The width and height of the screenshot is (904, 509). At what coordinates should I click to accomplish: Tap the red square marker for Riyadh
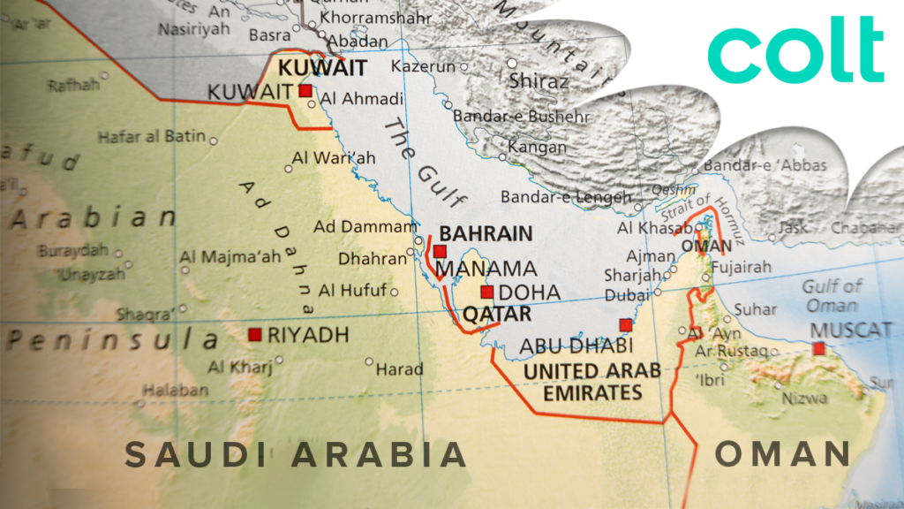coord(255,334)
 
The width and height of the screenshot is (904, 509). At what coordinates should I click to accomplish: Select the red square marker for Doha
coord(486,292)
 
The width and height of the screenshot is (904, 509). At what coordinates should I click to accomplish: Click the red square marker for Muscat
coord(819,349)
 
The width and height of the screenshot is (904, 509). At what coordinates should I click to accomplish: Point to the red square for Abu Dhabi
coord(626,324)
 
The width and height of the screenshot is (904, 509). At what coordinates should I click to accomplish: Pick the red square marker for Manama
coord(440,252)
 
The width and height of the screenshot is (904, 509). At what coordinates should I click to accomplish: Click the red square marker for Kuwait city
coord(305,91)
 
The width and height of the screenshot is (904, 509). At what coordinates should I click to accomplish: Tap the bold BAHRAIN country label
coord(486,234)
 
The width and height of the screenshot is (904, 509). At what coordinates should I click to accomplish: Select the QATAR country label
coord(497,315)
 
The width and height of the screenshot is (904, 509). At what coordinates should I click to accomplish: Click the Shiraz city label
coord(539,81)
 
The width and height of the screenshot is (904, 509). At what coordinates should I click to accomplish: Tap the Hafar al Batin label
coord(151,137)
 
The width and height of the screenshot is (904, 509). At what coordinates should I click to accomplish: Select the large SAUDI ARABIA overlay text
coord(295,454)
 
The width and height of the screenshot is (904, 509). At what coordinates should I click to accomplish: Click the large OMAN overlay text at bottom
coord(782,453)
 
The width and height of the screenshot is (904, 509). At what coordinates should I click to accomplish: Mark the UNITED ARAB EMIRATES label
coord(592,382)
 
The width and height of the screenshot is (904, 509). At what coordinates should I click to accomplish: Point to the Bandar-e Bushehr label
coord(521,116)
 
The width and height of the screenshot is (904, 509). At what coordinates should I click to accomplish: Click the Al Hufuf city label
coord(352,290)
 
